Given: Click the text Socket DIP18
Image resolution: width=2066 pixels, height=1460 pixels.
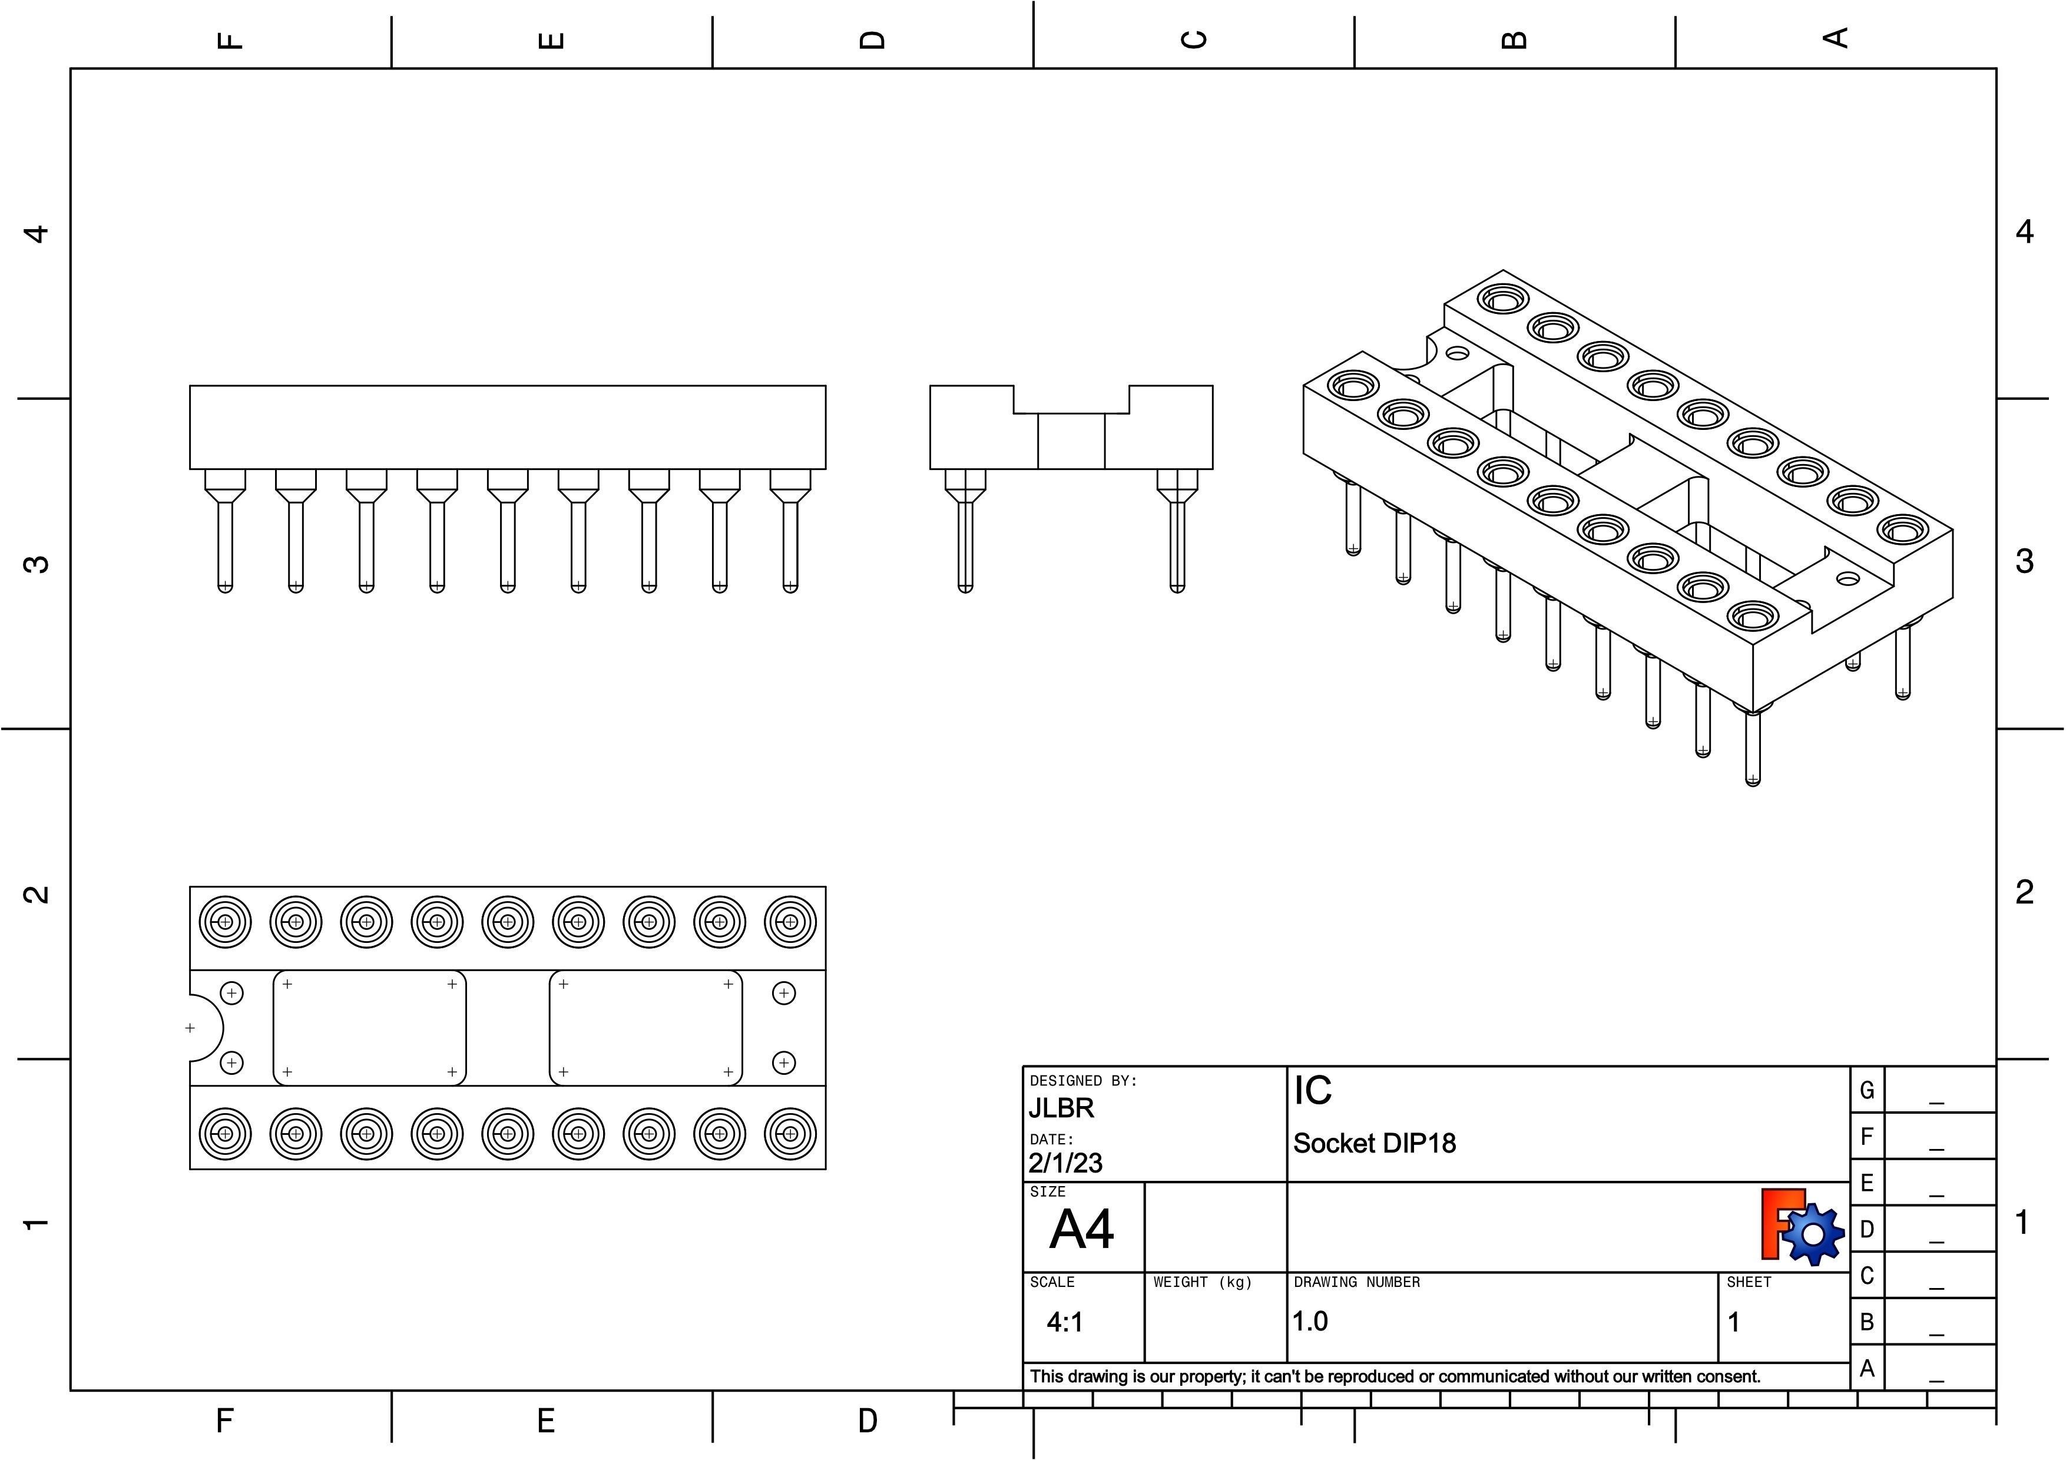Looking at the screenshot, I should click(x=1374, y=1143).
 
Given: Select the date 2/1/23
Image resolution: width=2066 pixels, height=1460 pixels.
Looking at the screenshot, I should click(x=1065, y=1163).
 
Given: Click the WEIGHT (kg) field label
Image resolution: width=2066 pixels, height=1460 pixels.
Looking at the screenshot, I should click(x=1202, y=1282).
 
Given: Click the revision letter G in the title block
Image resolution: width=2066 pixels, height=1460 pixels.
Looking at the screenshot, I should click(x=1866, y=1090).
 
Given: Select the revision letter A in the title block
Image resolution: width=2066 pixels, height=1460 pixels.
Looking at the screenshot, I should click(x=1866, y=1368).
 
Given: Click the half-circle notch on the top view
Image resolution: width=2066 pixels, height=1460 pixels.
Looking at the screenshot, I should click(x=205, y=1027).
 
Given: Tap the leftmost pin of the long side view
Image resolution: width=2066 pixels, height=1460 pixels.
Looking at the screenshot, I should click(x=225, y=539).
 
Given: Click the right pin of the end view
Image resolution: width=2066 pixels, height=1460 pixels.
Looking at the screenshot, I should click(x=1177, y=539).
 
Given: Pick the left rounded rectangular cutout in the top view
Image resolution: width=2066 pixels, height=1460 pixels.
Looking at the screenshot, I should click(x=369, y=1027).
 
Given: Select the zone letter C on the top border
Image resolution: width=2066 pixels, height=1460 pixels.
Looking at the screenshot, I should click(x=1193, y=39).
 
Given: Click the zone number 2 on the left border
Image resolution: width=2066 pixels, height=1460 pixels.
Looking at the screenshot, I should click(x=36, y=894).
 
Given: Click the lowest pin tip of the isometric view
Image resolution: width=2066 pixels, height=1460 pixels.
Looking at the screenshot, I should click(x=1752, y=779).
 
